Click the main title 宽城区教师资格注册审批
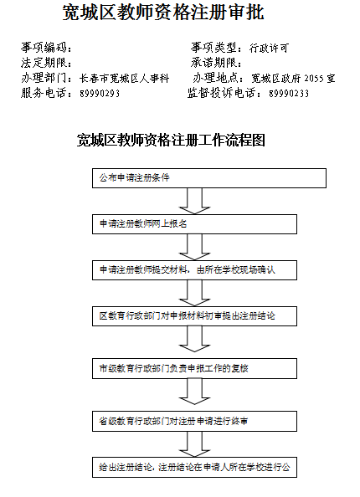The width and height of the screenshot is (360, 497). coord(163,13)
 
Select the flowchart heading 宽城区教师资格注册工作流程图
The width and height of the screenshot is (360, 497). coord(171,140)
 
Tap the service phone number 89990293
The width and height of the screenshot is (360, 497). coord(100,94)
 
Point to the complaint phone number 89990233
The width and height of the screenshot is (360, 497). coord(289,94)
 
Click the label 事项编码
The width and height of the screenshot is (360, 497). coord(44,48)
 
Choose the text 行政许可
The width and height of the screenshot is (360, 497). coord(269,48)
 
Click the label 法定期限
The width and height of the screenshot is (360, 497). coord(44,63)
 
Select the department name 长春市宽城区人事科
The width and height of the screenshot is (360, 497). coord(125,79)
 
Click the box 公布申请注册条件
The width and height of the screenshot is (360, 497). coord(209,178)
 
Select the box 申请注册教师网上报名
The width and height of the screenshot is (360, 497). coord(195,224)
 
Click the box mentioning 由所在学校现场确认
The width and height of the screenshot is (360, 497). coord(195,270)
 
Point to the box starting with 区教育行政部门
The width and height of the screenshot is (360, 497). coord(195,316)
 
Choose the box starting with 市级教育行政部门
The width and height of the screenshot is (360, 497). coord(195,369)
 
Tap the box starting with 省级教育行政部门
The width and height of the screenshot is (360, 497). coord(195,421)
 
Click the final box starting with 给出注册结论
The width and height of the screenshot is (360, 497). coord(195,467)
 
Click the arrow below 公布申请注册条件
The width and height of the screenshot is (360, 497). coord(194,202)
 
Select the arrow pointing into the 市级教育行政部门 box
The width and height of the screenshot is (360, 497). coord(194,339)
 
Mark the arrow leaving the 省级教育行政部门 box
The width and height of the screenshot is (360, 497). coord(194,444)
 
